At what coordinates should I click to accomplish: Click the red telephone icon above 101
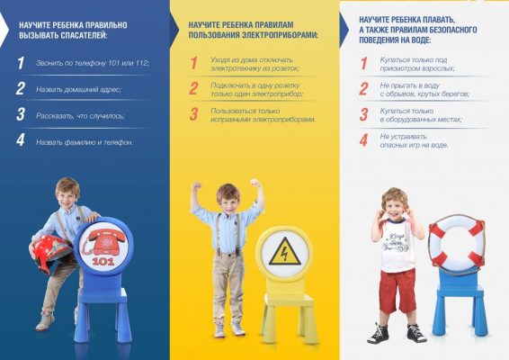(x=103, y=242)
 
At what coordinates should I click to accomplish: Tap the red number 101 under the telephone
(x=103, y=261)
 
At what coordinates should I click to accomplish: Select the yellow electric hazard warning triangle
(x=284, y=251)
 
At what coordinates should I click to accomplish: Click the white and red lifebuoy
(x=457, y=243)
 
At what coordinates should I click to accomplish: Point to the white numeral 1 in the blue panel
(x=21, y=63)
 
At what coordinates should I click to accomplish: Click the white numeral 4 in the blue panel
(x=21, y=139)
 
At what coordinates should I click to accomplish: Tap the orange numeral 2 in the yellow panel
(x=193, y=88)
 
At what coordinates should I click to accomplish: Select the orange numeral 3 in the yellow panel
(x=193, y=114)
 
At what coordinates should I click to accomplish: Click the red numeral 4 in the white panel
(x=363, y=140)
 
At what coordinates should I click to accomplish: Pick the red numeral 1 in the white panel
(x=364, y=63)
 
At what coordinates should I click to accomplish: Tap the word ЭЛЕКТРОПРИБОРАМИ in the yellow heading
(x=281, y=35)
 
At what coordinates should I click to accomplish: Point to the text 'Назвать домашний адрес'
(x=78, y=89)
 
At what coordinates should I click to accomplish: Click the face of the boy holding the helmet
(x=67, y=197)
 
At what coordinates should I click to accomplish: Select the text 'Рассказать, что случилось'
(x=80, y=116)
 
